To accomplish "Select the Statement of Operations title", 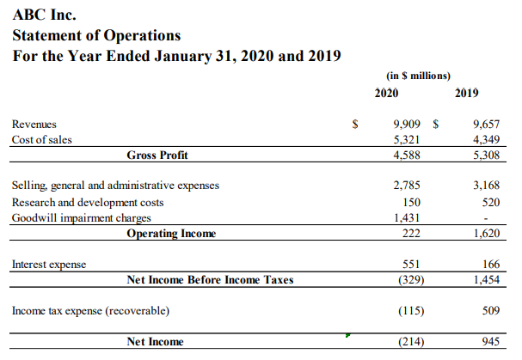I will pyautogui.click(x=96, y=35).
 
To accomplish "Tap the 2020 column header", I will pyautogui.click(x=387, y=92).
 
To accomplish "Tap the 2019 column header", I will pyautogui.click(x=468, y=92).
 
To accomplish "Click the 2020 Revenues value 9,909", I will pyautogui.click(x=405, y=125).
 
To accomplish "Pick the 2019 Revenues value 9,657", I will pyautogui.click(x=486, y=125).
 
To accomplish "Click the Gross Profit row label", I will pyautogui.click(x=157, y=156).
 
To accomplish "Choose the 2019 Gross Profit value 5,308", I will pyautogui.click(x=486, y=156).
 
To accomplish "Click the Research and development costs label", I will pyautogui.click(x=88, y=202).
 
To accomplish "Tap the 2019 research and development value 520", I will pyautogui.click(x=490, y=202).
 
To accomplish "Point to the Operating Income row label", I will pyautogui.click(x=171, y=234).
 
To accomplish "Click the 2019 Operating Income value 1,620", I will pyautogui.click(x=486, y=234).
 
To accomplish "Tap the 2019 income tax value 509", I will pyautogui.click(x=490, y=310).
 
